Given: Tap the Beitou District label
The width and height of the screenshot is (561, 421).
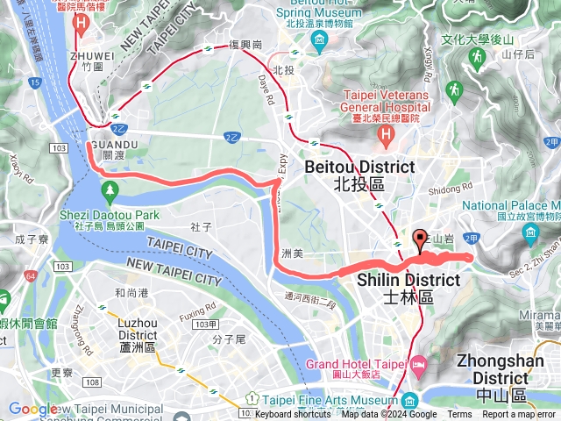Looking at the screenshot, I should click(x=359, y=175).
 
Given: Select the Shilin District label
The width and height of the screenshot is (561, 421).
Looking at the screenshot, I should click(x=408, y=289).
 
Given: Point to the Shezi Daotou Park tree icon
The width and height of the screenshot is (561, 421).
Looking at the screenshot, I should click(x=110, y=189).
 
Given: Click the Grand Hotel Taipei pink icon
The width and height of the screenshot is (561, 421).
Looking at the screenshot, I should click(x=419, y=362).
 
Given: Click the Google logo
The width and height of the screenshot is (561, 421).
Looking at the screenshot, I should click(x=33, y=409).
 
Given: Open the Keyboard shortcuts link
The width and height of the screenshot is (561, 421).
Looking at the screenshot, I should click(x=292, y=415).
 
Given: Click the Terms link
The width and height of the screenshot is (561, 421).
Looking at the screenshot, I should click(x=459, y=415).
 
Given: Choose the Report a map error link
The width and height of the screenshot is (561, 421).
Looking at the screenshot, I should click(x=519, y=415).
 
